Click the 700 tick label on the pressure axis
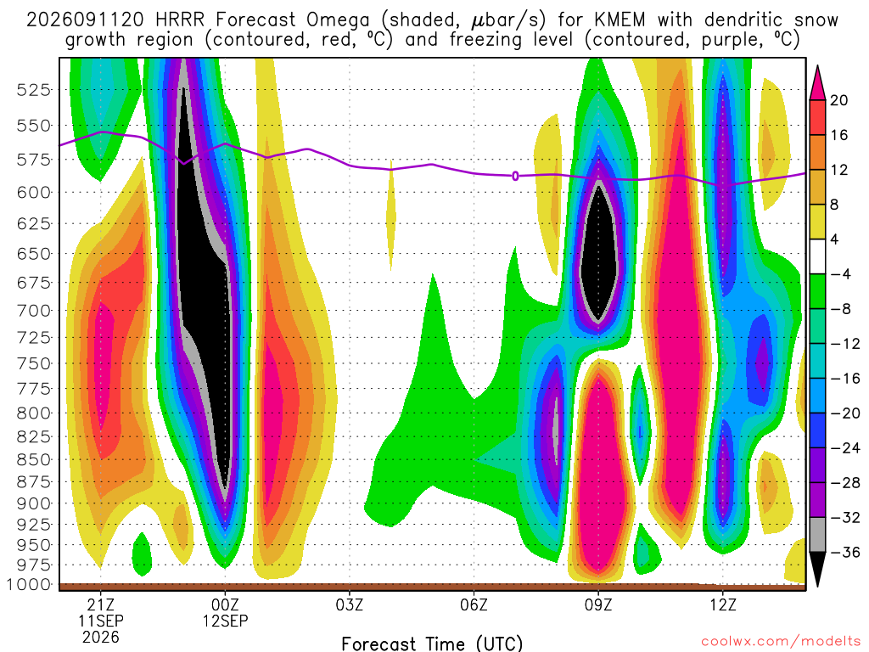[x=34, y=311]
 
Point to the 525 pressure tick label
[x=34, y=90]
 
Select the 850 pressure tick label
[x=34, y=459]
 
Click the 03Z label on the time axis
[x=349, y=604]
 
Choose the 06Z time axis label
[x=474, y=604]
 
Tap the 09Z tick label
[x=598, y=604]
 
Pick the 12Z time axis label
[x=723, y=604]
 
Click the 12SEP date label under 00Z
[x=225, y=621]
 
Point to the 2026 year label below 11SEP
[x=100, y=638]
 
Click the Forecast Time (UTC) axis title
[x=432, y=644]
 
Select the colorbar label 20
[x=839, y=100]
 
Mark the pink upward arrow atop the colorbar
[x=817, y=84]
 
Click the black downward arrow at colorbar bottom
[x=817, y=568]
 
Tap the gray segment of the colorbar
[x=817, y=535]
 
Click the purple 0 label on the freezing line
[x=515, y=176]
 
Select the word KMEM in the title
[x=620, y=20]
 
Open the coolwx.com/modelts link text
[x=781, y=641]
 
